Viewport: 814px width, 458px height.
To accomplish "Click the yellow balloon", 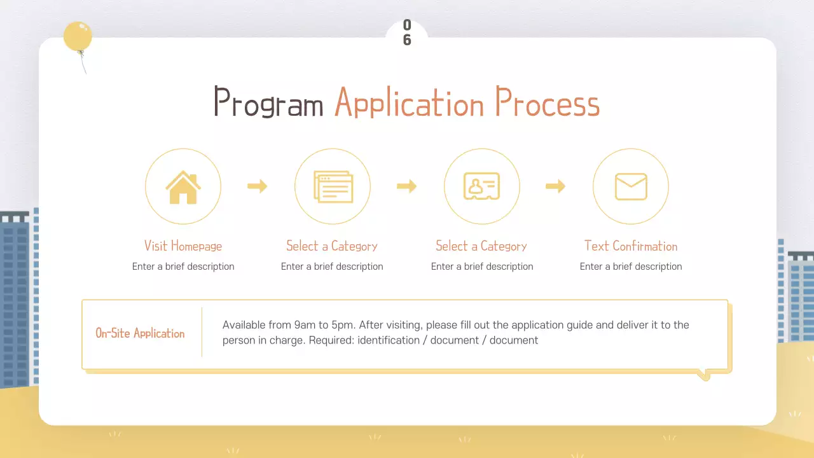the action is (x=78, y=36).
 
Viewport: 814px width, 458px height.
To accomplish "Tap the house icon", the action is (x=183, y=188).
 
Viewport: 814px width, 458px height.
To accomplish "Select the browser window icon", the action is (x=333, y=186).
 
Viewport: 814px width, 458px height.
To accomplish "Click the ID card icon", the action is (x=482, y=186).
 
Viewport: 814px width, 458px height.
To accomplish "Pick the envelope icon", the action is (x=631, y=186).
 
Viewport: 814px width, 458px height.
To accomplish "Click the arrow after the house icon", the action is (x=258, y=186).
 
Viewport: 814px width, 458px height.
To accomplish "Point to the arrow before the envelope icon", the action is (x=556, y=186).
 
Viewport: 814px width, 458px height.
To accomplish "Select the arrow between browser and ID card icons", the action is (x=406, y=186).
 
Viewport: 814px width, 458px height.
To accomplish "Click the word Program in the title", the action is (x=268, y=102).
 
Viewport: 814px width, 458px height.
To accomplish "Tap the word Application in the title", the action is (x=409, y=102).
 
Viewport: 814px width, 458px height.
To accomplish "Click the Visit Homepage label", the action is (x=183, y=246).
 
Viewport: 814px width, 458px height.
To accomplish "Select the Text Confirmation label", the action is (x=631, y=246).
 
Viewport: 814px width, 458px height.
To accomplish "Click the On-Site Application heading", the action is (x=140, y=333).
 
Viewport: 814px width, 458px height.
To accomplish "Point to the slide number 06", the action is (x=407, y=32).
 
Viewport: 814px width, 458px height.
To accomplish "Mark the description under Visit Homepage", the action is (x=183, y=267).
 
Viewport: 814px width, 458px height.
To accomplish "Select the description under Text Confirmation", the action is (x=631, y=267).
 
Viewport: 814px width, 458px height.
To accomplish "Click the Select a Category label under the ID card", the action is (x=481, y=246).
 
